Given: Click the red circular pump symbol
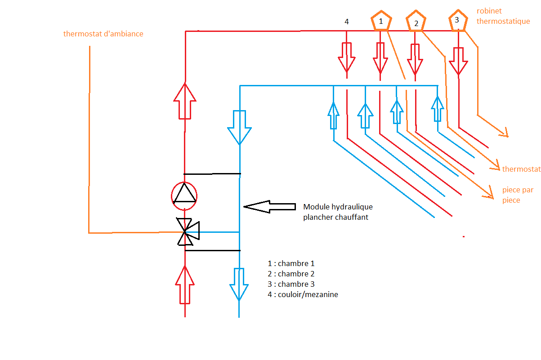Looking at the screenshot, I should (184, 196).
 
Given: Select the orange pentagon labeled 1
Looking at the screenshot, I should (381, 22).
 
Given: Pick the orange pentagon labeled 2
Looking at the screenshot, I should (416, 22).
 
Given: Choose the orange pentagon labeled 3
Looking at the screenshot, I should (457, 21).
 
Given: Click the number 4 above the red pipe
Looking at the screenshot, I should (346, 22).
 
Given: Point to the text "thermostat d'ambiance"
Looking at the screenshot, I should (103, 34).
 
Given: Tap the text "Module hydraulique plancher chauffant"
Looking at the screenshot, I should (338, 212).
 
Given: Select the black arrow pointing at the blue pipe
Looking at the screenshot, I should (269, 206).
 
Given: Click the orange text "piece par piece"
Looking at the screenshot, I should (518, 195).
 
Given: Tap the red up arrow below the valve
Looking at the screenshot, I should (184, 284).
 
